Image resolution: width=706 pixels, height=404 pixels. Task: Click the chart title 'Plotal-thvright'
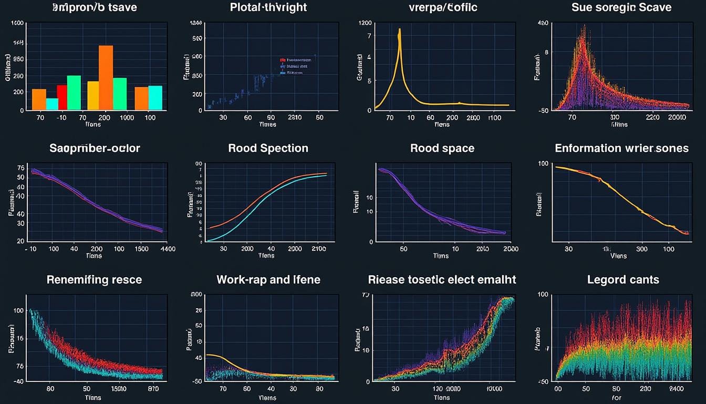click(268, 7)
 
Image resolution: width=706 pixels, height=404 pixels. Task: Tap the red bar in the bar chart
click(62, 97)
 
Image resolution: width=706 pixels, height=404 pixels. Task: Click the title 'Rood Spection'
click(268, 148)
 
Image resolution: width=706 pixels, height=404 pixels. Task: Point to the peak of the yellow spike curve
click(400, 31)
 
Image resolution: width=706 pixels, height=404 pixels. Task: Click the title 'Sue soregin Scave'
click(621, 7)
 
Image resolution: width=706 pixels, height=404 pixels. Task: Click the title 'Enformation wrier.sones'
click(621, 148)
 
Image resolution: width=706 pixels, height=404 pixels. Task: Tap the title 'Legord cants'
click(622, 279)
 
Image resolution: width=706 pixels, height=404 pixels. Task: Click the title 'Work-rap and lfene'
click(268, 279)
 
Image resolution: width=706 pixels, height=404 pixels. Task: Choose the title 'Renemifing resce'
click(95, 279)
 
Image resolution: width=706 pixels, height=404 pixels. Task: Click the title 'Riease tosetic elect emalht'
click(442, 279)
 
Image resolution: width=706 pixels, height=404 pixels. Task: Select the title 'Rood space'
click(442, 148)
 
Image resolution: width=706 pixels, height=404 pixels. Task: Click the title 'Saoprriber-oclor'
click(95, 148)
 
